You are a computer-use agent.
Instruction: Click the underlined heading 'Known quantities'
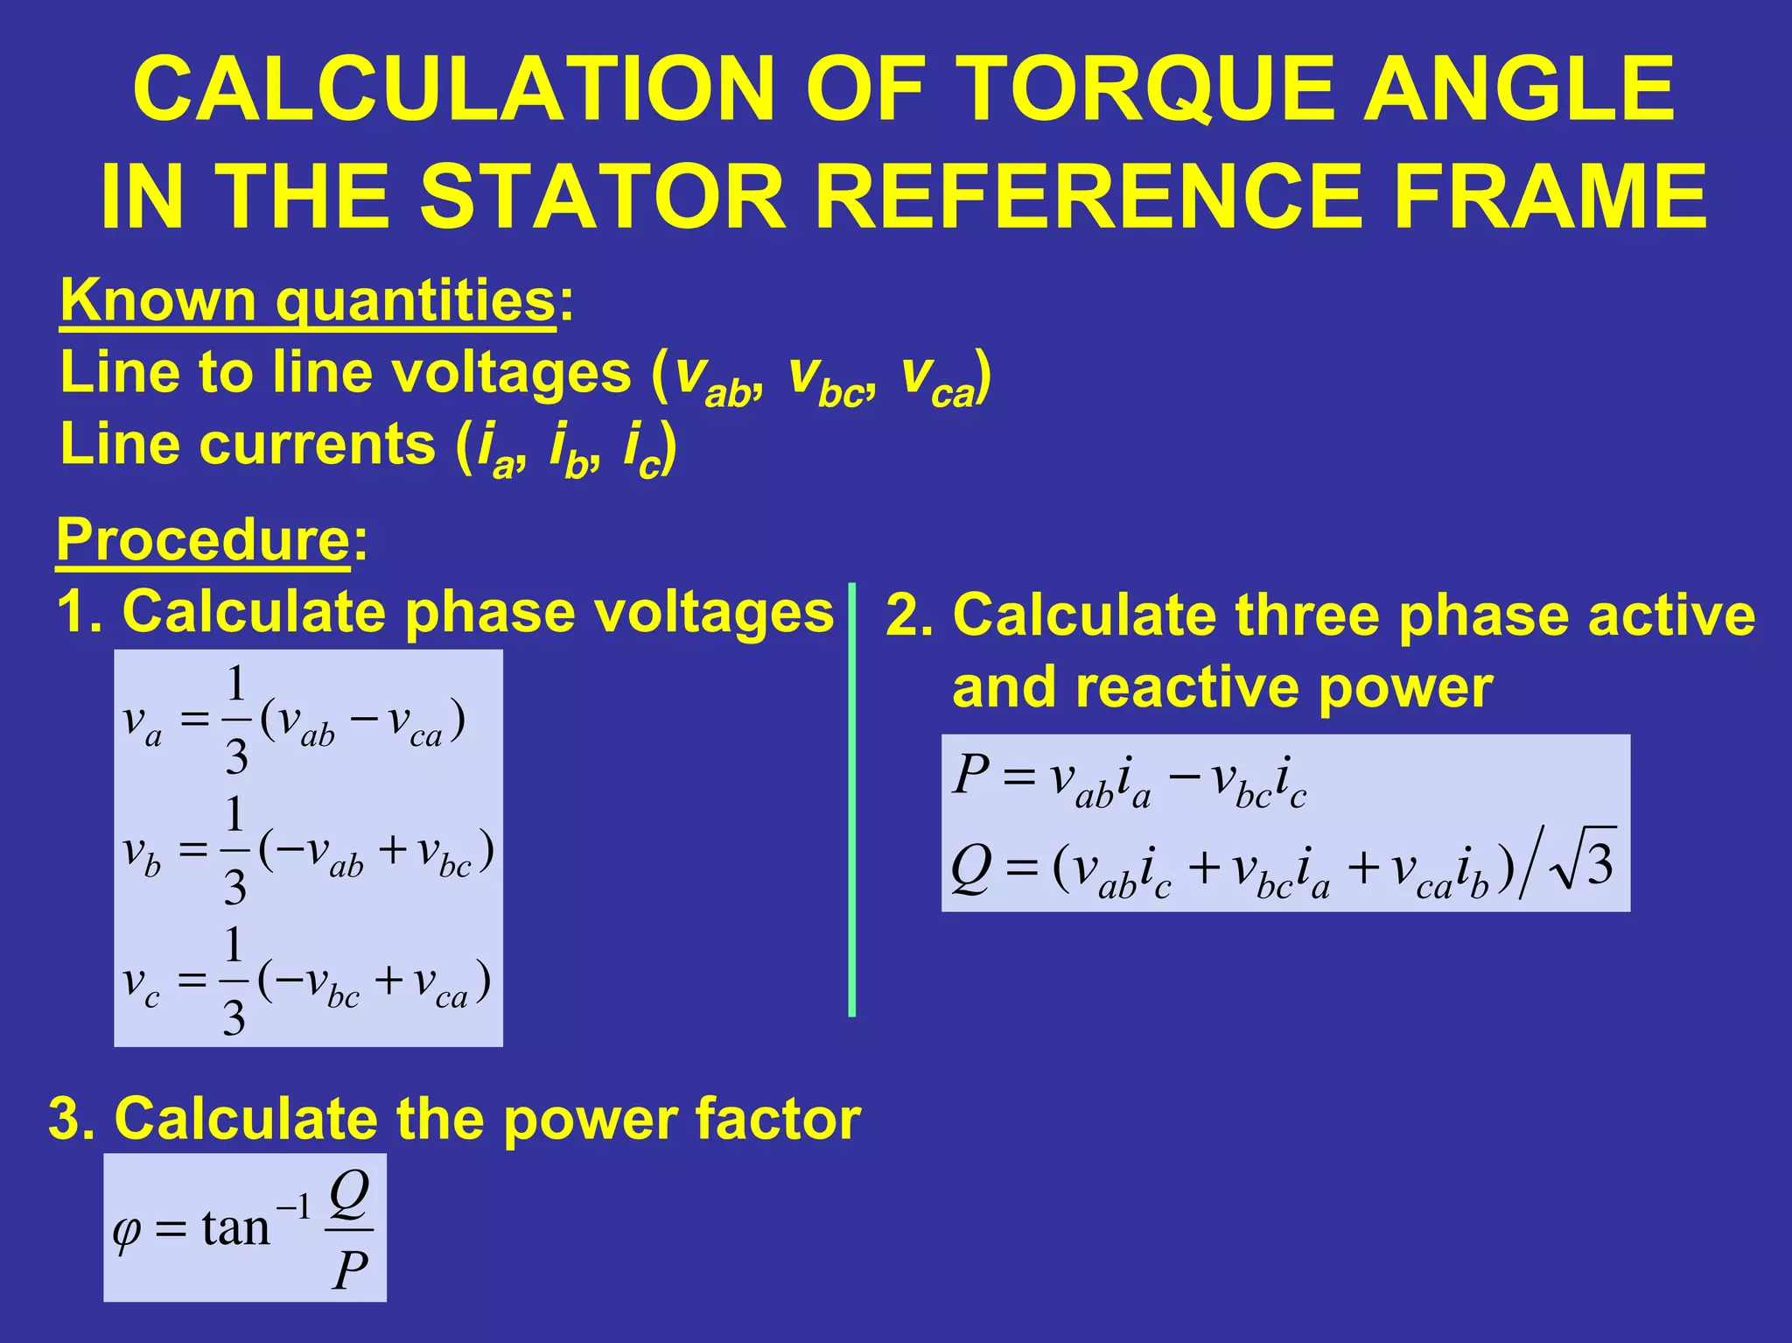[307, 301]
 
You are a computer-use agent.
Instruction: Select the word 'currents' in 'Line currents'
[317, 444]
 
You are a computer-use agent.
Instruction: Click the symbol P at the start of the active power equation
[970, 774]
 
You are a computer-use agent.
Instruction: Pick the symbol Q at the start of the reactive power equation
[971, 867]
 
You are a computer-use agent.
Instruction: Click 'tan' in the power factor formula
[234, 1227]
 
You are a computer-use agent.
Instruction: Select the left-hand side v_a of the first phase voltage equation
[142, 723]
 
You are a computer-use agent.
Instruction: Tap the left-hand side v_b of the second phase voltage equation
[142, 853]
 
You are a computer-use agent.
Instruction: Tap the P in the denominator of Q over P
[350, 1270]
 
